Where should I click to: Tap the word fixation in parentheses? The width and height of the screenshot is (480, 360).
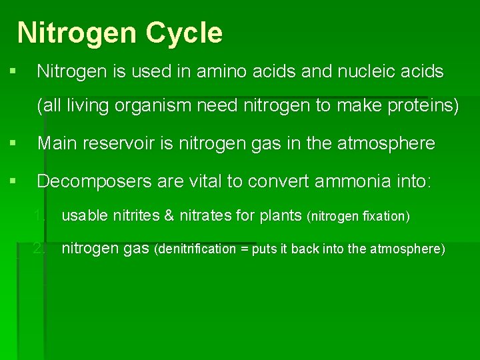(x=382, y=216)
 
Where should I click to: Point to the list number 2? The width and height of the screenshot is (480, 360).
(x=41, y=249)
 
